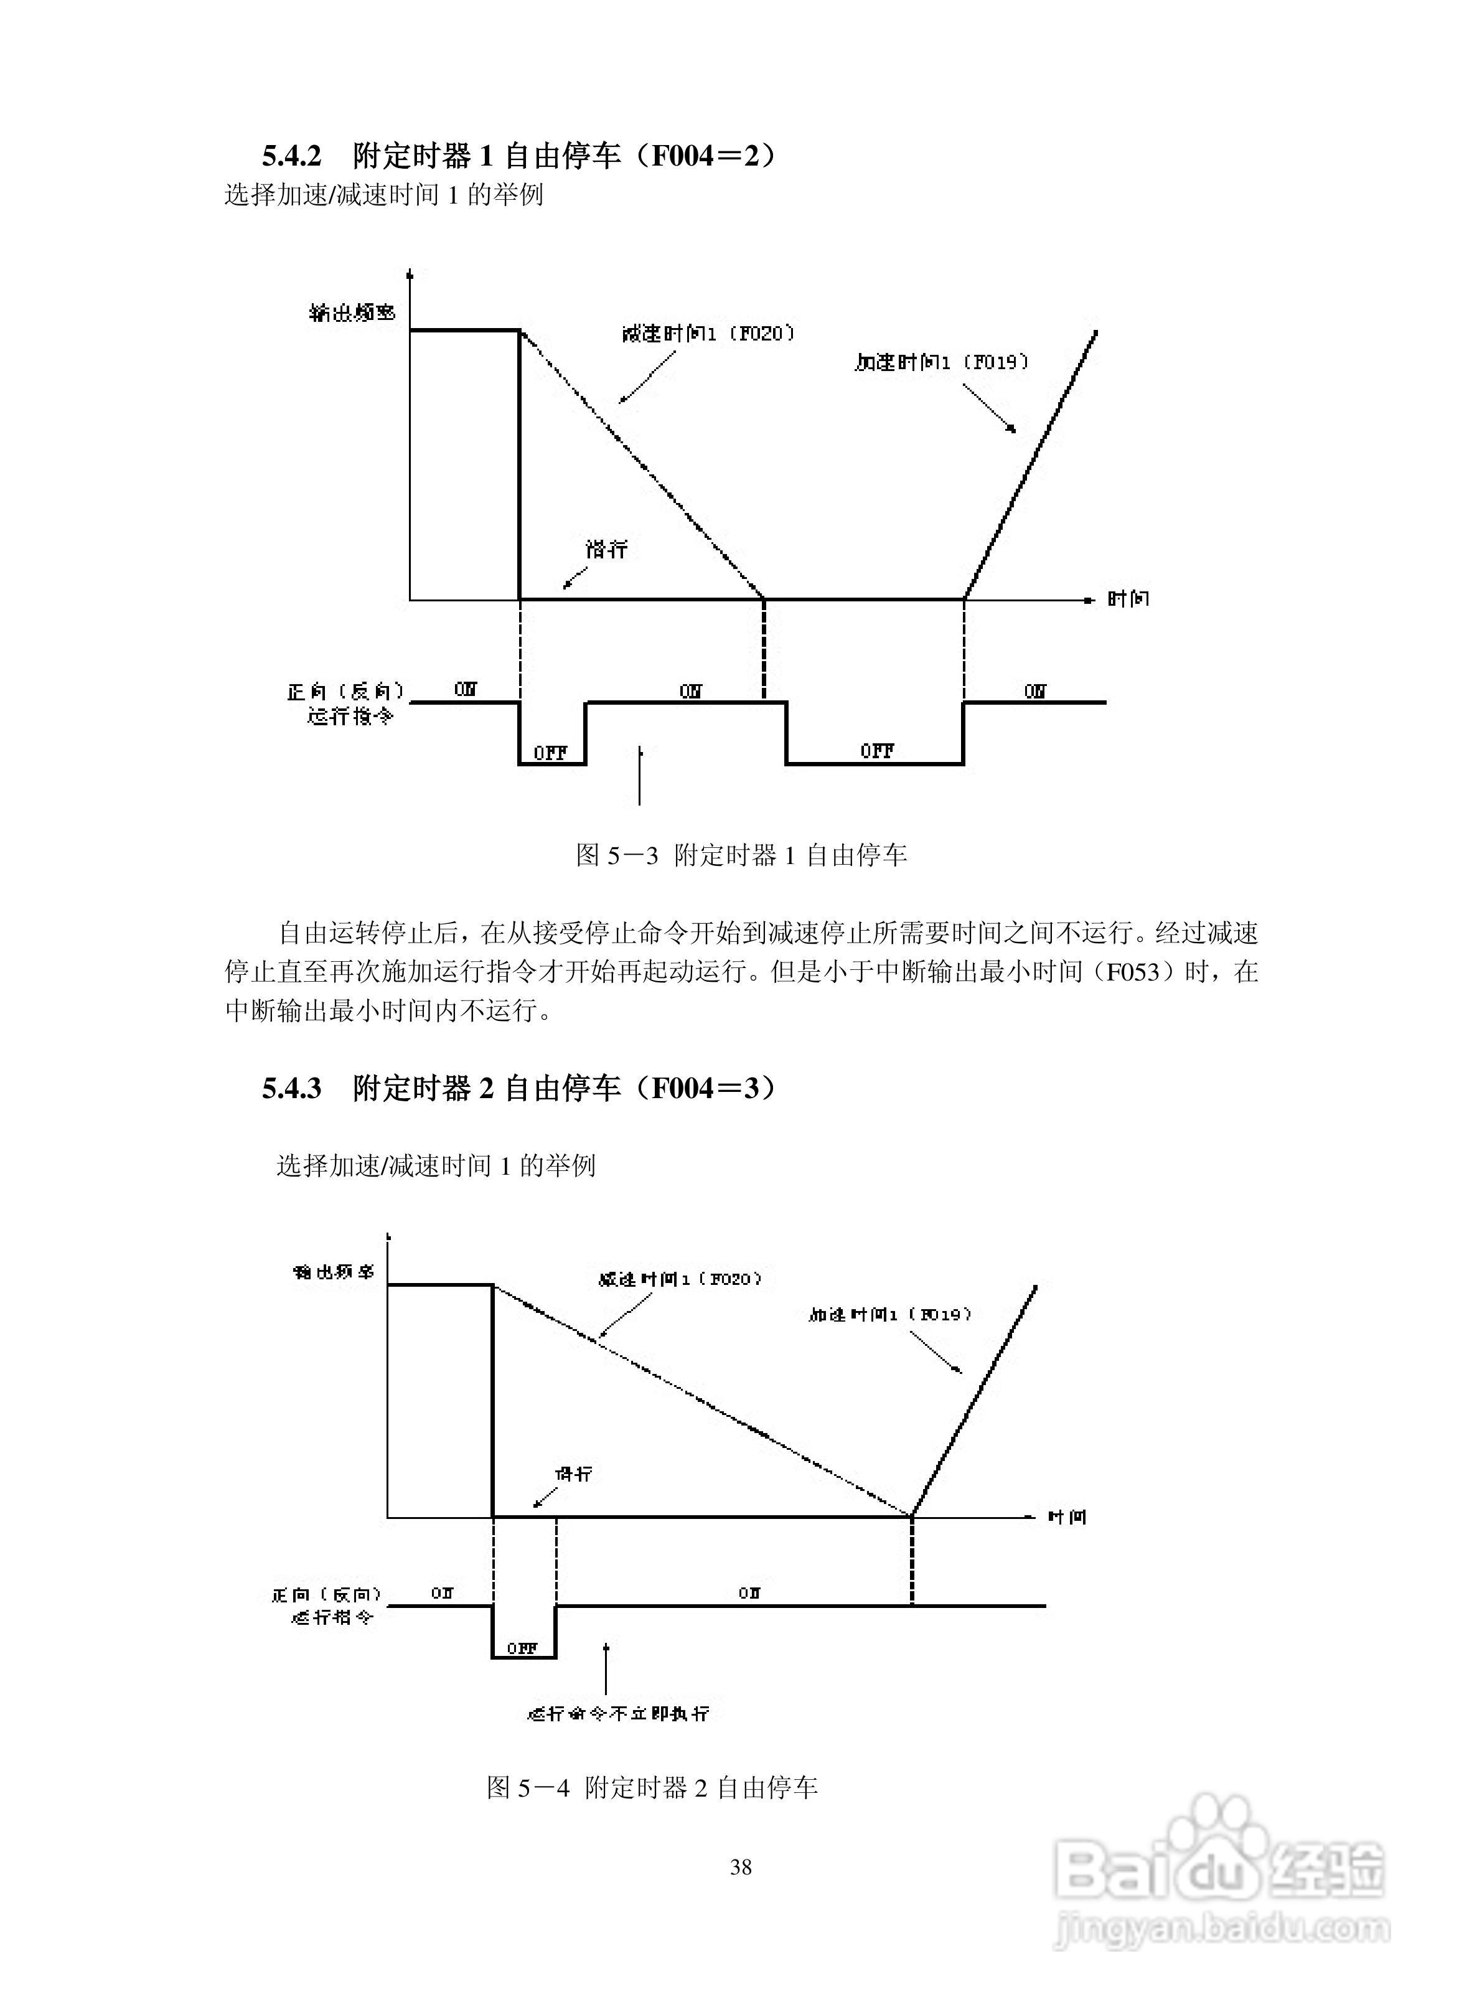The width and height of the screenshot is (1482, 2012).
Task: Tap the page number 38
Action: [740, 1868]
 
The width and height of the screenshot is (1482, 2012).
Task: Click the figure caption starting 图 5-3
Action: [741, 855]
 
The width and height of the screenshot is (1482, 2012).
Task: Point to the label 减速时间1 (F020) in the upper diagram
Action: [708, 334]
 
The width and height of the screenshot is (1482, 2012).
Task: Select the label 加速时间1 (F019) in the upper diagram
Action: [941, 362]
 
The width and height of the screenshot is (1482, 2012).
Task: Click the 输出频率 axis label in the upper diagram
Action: [352, 313]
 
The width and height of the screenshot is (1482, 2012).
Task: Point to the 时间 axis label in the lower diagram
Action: [1067, 1517]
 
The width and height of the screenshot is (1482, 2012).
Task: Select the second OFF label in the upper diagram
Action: [876, 751]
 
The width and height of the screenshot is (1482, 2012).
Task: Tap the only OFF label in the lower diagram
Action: [522, 1648]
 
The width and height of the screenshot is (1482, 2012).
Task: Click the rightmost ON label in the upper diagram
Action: [1034, 691]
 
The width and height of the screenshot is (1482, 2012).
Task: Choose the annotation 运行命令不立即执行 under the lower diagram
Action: [618, 1713]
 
